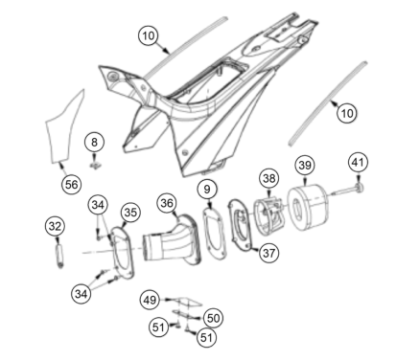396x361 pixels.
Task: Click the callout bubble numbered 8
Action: point(94,142)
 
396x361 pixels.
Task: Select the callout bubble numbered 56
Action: point(71,184)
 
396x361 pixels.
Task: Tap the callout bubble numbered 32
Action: point(55,226)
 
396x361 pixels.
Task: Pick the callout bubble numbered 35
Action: point(130,213)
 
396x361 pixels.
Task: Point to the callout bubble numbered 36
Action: point(167,203)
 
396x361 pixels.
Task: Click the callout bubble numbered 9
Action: point(207,190)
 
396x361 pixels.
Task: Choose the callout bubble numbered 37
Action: point(268,253)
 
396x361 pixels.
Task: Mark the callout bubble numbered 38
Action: point(269,178)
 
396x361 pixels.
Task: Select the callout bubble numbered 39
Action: point(305,166)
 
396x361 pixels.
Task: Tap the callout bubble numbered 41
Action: point(358,163)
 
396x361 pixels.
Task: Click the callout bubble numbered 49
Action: point(150,300)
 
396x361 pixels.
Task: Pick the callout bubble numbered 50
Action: point(213,318)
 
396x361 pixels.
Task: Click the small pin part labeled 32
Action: point(60,256)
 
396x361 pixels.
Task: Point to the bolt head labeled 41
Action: point(360,188)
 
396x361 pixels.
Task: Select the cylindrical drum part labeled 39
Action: point(308,208)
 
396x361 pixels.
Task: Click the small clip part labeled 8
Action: point(95,166)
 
